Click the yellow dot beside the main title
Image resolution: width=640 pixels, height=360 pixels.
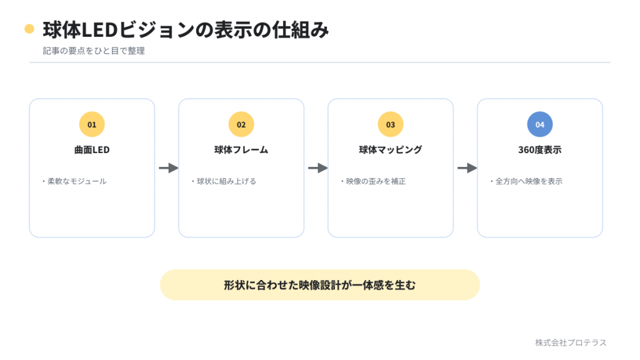[x=29, y=29]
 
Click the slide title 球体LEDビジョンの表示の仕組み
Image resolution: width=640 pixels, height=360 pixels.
[x=186, y=29]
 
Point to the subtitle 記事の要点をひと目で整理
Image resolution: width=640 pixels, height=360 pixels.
[x=94, y=51]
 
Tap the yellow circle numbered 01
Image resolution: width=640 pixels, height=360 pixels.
[x=92, y=124]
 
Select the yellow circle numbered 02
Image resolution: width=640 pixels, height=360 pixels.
[x=241, y=124]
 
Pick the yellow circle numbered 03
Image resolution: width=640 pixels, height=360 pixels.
[x=391, y=124]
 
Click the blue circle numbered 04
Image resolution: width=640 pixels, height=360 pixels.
[x=540, y=124]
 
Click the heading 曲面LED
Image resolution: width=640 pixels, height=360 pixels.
[x=92, y=150]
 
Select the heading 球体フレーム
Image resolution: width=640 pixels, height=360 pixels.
[x=241, y=150]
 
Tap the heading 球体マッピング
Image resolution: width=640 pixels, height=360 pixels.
[x=391, y=150]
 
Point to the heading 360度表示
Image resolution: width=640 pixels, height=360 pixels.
[x=540, y=150]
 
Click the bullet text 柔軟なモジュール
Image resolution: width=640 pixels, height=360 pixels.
[x=77, y=181]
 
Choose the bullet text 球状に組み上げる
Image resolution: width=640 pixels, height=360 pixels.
[x=226, y=181]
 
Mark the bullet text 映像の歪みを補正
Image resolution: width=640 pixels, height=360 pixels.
[x=376, y=181]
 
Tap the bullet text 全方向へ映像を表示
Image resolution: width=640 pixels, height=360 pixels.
[x=529, y=181]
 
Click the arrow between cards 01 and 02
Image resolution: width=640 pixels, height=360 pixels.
[x=169, y=167]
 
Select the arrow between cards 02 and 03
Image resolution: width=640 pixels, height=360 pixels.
[x=318, y=167]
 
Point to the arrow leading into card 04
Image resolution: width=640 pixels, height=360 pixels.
[x=467, y=167]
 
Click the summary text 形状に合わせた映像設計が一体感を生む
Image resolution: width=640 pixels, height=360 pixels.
[x=319, y=285]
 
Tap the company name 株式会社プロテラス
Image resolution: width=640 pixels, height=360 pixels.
[x=571, y=342]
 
